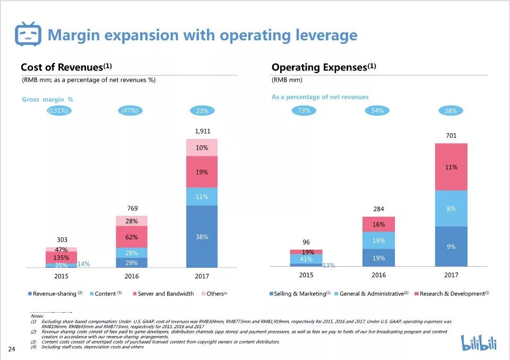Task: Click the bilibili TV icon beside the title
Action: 27,35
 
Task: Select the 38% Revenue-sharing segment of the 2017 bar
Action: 202,236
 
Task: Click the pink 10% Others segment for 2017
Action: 202,148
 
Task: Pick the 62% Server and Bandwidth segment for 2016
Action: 132,236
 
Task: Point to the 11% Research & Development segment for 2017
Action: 451,166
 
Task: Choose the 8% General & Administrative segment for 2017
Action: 451,208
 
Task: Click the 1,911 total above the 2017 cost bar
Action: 202,130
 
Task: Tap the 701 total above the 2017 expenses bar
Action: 451,135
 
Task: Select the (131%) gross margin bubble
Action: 59,111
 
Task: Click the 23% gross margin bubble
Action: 202,111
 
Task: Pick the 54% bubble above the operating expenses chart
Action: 378,111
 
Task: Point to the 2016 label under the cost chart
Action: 132,276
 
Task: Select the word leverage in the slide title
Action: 323,35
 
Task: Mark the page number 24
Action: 11,349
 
